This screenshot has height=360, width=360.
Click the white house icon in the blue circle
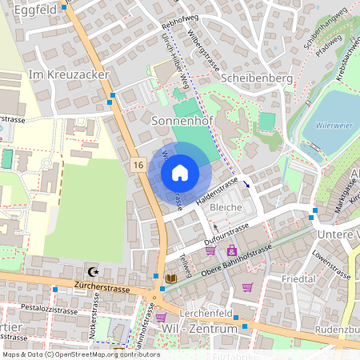180,173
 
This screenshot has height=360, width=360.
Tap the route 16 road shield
139,163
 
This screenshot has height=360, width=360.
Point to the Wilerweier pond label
334,125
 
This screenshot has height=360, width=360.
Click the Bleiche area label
225,207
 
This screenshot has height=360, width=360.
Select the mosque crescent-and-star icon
94,272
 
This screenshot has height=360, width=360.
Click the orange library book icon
170,278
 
